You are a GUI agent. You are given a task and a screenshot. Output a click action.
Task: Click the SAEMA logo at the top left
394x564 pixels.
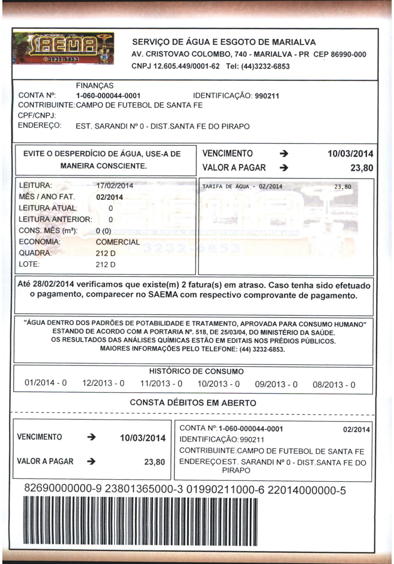pos(63,49)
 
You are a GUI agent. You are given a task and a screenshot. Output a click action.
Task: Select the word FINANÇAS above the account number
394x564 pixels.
pos(95,86)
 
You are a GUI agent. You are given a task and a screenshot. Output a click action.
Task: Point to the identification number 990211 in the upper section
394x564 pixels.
pos(267,96)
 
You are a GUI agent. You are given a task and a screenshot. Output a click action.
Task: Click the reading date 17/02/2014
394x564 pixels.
pos(115,186)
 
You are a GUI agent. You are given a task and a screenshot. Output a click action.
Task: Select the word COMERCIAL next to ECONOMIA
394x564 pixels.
pos(118,242)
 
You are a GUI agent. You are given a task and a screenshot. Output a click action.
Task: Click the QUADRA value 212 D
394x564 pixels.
pos(106,253)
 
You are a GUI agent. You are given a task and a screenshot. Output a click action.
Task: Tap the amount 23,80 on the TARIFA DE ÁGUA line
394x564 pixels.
pos(343,187)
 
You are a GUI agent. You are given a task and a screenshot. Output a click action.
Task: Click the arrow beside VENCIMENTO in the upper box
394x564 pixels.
pos(283,154)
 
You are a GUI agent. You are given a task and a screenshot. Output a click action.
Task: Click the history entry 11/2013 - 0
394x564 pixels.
pos(161,383)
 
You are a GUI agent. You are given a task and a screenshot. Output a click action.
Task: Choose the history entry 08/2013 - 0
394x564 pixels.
pos(334,385)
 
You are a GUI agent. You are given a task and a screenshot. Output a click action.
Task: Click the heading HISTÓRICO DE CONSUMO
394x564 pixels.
pos(196,371)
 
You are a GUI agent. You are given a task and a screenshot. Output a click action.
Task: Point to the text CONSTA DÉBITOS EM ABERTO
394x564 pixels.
pos(193,403)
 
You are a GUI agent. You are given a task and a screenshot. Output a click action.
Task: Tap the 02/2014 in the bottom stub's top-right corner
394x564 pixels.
pos(356,430)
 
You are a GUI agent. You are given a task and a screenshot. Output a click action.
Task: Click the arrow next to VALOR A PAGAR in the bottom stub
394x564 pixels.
pos(91,462)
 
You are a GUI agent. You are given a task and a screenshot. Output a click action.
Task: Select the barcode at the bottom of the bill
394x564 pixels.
pos(140,521)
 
